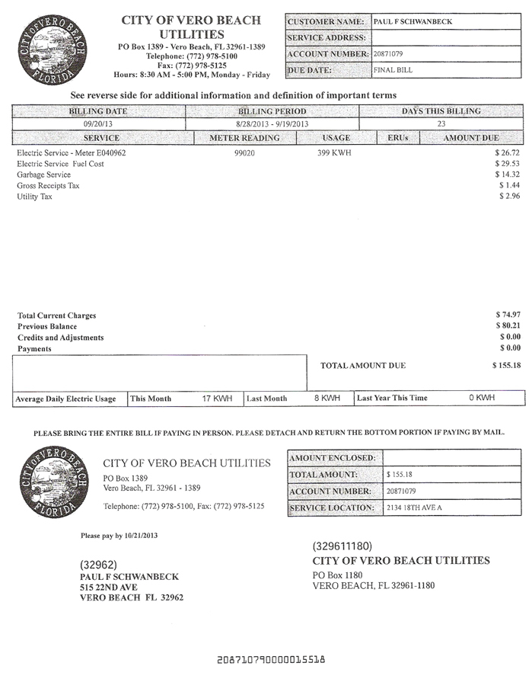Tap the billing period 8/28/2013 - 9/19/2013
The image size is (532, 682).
tap(272, 123)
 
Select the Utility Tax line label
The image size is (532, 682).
tap(33, 197)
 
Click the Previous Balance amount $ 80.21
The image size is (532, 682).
tap(507, 326)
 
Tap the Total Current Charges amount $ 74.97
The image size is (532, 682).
tap(507, 315)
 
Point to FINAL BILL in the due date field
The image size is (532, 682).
tap(393, 70)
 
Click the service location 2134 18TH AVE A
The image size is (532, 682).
tap(414, 507)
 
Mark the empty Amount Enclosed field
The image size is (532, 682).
tap(452, 457)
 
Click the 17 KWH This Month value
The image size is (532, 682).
tap(216, 399)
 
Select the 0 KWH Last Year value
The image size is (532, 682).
tap(481, 398)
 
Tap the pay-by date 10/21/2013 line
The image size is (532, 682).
tap(119, 536)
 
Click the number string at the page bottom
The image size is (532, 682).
tap(271, 658)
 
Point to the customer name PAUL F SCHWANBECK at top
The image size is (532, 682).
tap(412, 21)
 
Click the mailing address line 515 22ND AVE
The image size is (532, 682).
tap(108, 588)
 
